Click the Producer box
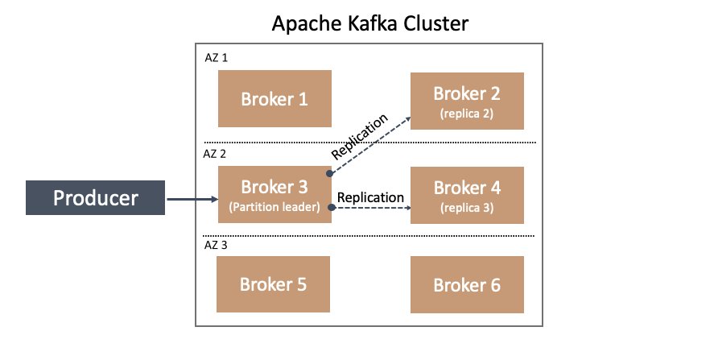point(95,197)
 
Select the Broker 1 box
point(274,98)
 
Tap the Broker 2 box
point(467,101)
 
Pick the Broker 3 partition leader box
point(274,195)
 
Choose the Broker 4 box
point(467,195)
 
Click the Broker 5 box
point(273,284)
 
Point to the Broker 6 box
point(467,285)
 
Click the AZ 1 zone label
point(217,58)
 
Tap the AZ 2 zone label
point(214,154)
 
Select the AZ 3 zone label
point(216,245)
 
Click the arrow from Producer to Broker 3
point(192,199)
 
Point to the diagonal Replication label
point(360,137)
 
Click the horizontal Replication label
point(370,197)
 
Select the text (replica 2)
point(467,114)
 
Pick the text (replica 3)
point(467,208)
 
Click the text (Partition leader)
point(274,207)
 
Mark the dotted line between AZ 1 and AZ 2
point(369,143)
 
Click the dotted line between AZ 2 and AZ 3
point(369,236)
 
